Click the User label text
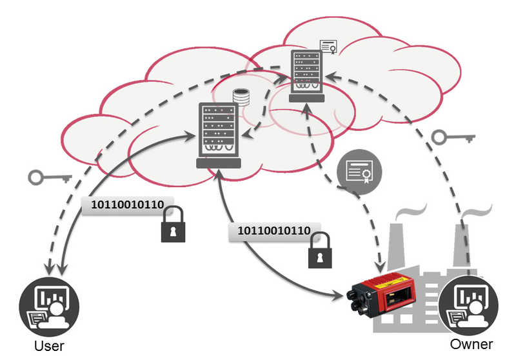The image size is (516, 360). point(49,346)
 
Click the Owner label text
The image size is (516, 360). point(471,345)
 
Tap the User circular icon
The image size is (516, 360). point(49,306)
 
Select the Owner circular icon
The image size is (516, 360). point(468,305)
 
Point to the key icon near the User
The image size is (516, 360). point(50,177)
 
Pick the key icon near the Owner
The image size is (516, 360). point(453,137)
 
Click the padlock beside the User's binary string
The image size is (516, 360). point(173,225)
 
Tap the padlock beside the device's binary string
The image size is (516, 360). point(320,250)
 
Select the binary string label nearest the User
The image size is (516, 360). point(127,205)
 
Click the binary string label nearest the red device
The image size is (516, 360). point(274,231)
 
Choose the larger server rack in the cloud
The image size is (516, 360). point(219,135)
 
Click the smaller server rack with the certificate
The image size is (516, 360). point(307,76)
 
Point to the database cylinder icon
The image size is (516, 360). point(241,97)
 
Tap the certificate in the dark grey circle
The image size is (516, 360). point(359,172)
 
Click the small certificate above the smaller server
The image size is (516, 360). point(329,46)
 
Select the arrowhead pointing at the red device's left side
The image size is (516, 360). point(339,295)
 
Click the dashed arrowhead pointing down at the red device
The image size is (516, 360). point(381,267)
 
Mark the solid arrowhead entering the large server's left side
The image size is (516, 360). point(190,136)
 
